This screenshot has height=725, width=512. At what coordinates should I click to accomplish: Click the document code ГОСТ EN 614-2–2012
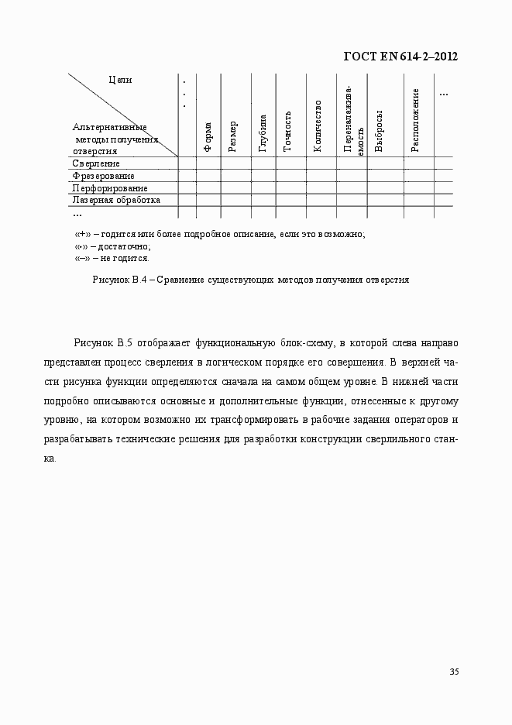(x=399, y=56)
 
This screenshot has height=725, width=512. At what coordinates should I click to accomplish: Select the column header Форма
(x=208, y=136)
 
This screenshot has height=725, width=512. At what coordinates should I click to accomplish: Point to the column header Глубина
(x=263, y=132)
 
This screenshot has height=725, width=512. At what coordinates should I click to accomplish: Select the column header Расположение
(x=416, y=120)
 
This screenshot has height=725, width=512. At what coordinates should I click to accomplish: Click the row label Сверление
(x=96, y=163)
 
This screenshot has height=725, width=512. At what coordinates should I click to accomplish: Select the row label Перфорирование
(x=109, y=187)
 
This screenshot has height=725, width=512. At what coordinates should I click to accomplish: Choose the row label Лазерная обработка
(x=116, y=200)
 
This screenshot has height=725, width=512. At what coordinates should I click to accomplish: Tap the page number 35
(x=454, y=671)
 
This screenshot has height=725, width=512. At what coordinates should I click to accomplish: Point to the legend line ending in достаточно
(x=112, y=246)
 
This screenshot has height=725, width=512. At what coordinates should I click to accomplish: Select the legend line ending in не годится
(x=112, y=258)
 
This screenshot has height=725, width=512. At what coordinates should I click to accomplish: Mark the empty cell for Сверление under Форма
(x=208, y=163)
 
